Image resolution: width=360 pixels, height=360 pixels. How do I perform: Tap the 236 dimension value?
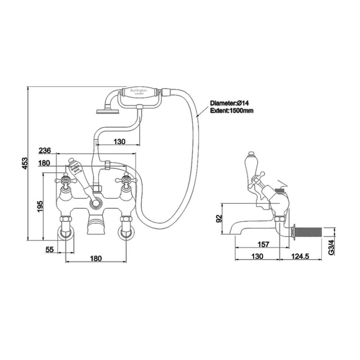coord(45,150)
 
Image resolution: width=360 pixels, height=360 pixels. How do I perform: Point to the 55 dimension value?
coord(49,249)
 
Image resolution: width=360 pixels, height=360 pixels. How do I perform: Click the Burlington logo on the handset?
coord(138,91)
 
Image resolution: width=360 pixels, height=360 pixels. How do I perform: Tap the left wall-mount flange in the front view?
coord(65,234)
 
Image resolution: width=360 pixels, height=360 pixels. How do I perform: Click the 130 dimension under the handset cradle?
coord(119,142)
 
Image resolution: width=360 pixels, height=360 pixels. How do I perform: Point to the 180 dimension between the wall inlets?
coord(96,258)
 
